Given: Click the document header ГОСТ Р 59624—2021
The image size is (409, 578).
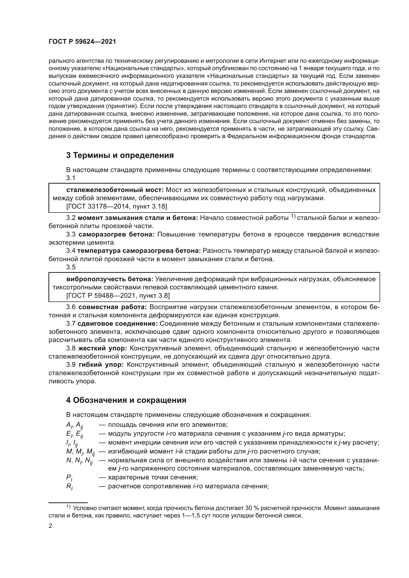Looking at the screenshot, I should pos(82,42).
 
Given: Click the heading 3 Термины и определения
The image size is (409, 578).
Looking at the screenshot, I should pos(120,155).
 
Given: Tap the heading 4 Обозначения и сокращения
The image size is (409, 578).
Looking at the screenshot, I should pos(126,400).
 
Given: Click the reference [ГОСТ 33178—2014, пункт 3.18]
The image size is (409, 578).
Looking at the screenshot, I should pos(116,206).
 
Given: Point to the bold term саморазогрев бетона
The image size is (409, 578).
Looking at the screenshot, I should pos(116,234).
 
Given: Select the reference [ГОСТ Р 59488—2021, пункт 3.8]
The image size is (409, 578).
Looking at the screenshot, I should pos(118,296).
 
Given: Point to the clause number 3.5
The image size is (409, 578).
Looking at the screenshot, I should pos(71,267).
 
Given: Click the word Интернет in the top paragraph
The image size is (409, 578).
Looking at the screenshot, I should pos(273,61).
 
